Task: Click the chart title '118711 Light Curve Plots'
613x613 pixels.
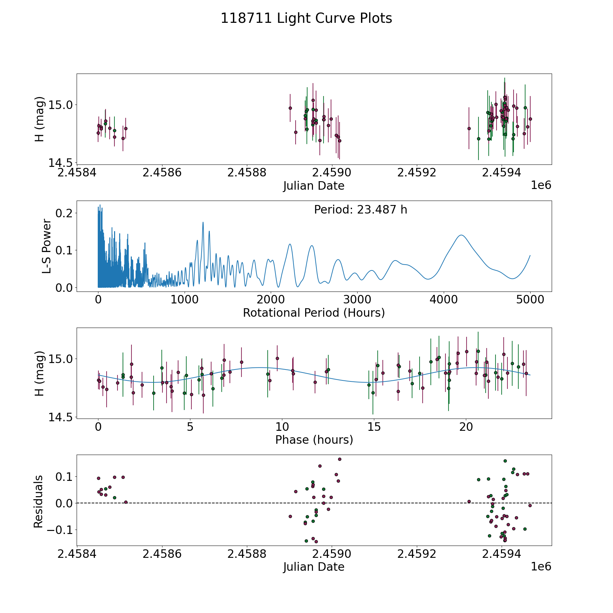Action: tap(306, 18)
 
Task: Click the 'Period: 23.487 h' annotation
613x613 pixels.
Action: tap(360, 210)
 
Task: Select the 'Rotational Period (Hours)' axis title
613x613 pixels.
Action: tap(314, 313)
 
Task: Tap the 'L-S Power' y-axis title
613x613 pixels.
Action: tap(47, 246)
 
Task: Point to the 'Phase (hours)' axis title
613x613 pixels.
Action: tap(314, 440)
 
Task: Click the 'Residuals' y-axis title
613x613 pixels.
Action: tap(38, 501)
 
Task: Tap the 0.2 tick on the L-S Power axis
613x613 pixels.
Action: tap(64, 213)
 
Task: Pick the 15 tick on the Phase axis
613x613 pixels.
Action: tap(374, 427)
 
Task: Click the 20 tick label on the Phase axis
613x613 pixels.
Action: tap(466, 427)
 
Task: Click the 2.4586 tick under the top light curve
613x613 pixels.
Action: tap(162, 173)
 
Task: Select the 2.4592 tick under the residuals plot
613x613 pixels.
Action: tap(416, 554)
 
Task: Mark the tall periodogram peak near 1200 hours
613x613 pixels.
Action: tap(203, 222)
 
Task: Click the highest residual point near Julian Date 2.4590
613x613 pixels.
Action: tap(340, 459)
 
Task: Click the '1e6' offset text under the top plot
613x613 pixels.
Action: tap(541, 186)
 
